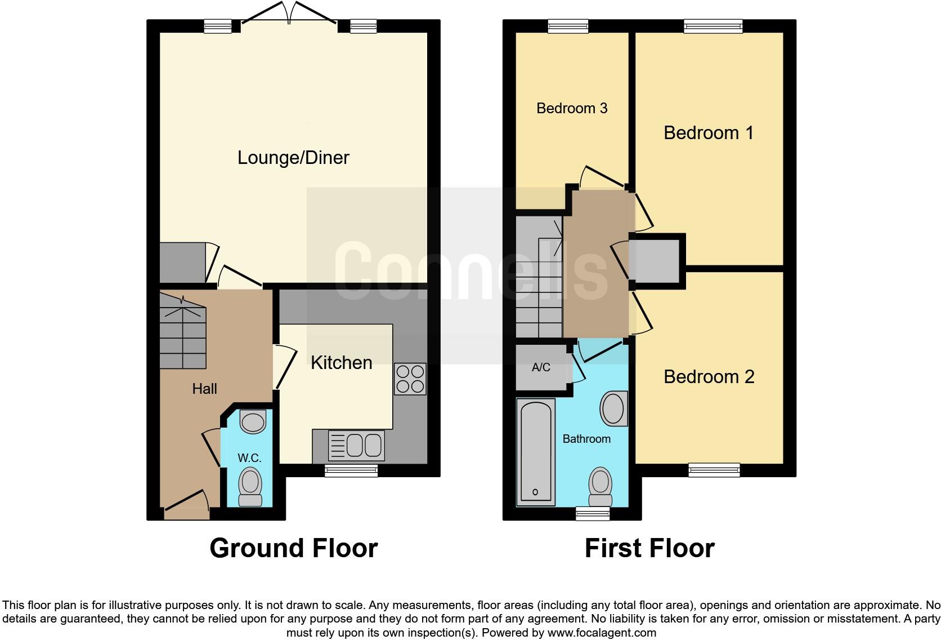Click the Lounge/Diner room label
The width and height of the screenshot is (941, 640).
point(293,158)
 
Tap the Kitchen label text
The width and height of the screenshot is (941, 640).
point(341,363)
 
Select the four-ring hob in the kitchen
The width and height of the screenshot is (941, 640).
point(410,379)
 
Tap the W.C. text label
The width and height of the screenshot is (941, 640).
point(249,458)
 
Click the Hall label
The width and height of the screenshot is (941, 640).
point(204,389)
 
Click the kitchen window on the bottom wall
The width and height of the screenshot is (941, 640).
point(351,471)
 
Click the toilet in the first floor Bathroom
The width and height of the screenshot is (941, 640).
point(600,488)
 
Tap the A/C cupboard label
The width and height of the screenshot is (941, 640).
point(541,368)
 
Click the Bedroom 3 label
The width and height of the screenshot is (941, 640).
point(572,108)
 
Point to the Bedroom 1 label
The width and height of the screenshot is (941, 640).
point(708,133)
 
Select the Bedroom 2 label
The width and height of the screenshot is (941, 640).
point(709,377)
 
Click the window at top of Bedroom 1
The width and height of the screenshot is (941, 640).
point(713,26)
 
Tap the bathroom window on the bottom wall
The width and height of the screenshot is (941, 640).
point(593,513)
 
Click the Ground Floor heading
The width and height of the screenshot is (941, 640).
point(293,548)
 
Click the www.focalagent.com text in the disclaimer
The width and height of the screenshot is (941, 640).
point(602,633)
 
